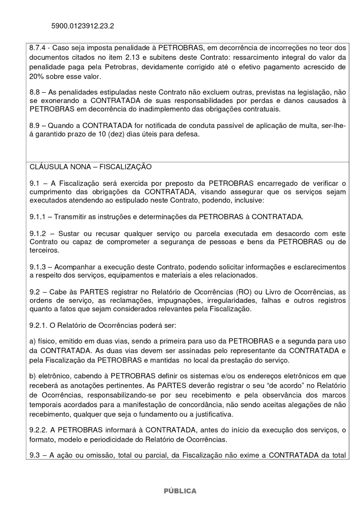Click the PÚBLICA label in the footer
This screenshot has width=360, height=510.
179,491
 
